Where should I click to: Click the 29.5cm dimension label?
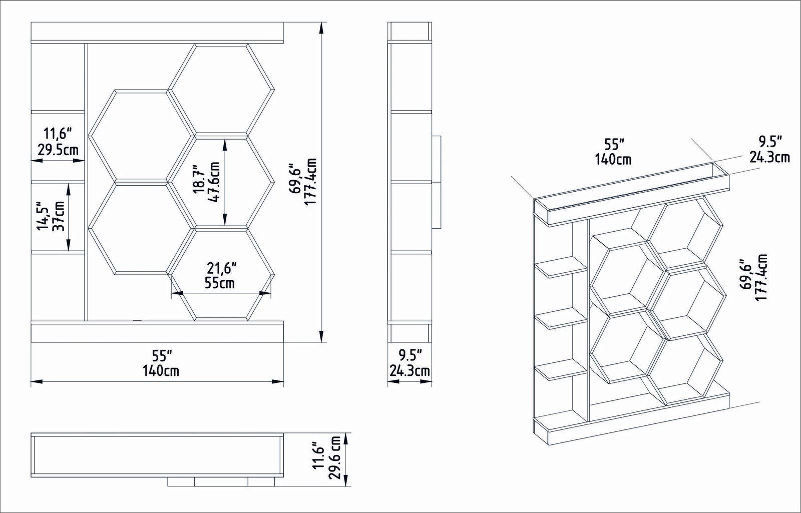click(58, 150)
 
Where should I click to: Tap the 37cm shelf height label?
click(59, 216)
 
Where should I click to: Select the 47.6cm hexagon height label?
click(213, 182)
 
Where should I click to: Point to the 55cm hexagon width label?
click(220, 283)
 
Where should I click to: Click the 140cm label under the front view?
click(161, 371)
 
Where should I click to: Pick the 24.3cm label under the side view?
click(410, 371)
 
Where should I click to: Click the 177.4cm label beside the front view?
click(311, 182)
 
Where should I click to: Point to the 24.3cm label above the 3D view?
click(769, 157)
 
